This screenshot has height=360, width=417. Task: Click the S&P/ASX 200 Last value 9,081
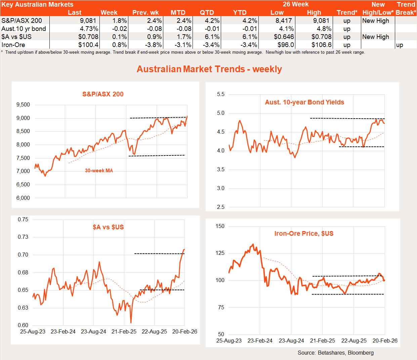[x=88, y=20]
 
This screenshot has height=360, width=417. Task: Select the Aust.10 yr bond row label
[x=24, y=29]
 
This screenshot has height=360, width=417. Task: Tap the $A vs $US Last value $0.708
[x=88, y=37]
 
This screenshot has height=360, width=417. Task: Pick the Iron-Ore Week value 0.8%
[x=119, y=45]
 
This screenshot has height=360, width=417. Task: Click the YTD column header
[x=240, y=12]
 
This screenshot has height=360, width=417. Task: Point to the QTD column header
[x=207, y=12]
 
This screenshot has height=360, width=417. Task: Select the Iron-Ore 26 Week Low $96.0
[x=286, y=45]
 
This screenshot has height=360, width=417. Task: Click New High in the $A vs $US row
[x=376, y=37]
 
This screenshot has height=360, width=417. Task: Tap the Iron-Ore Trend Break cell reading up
[x=400, y=45]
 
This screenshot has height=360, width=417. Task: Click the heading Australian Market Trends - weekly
[x=209, y=69]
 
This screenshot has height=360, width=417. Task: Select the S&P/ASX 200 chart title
[x=103, y=94]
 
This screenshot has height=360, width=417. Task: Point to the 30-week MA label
[x=99, y=171]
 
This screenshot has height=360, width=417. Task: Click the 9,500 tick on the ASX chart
[x=23, y=105]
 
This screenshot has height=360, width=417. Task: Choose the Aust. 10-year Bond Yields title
[x=304, y=102]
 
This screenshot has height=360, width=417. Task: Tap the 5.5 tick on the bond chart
[x=221, y=94]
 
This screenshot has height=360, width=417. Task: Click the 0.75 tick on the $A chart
[x=23, y=220]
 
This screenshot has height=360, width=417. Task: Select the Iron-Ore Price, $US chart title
[x=304, y=233]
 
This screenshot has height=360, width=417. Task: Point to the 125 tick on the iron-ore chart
[x=220, y=253]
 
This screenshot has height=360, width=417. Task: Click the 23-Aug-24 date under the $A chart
[x=93, y=331]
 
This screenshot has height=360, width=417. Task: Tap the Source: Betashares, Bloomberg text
[x=335, y=353]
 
